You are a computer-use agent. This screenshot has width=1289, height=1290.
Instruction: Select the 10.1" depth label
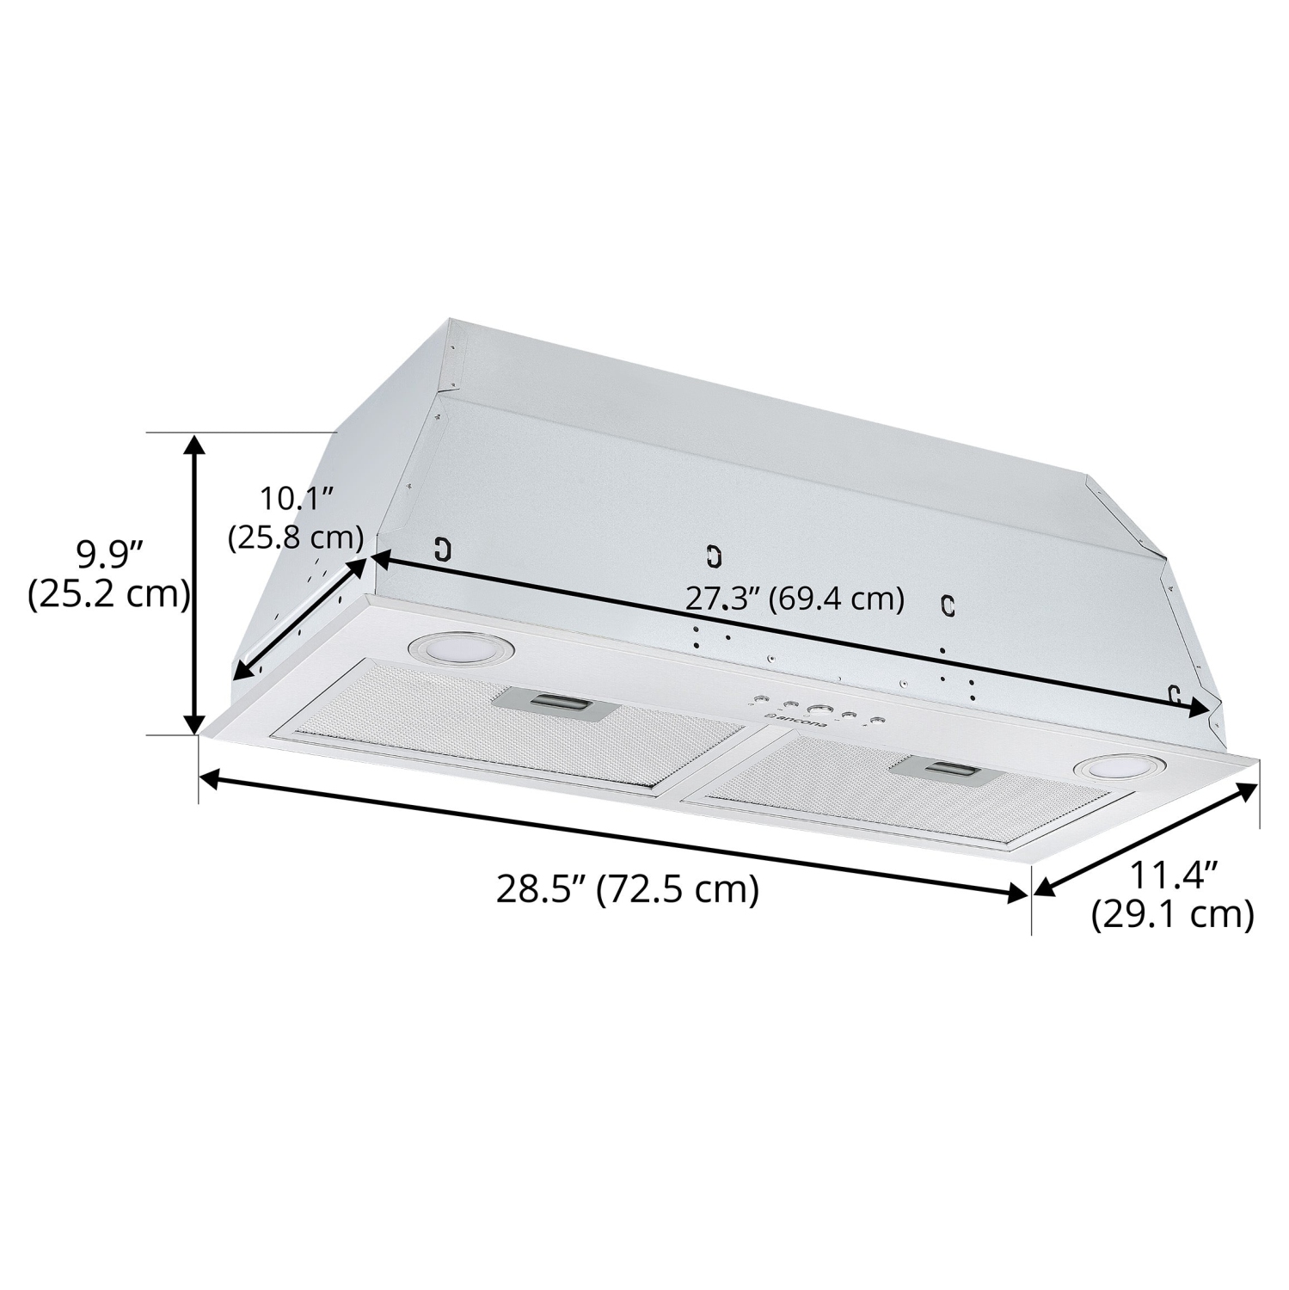(x=297, y=499)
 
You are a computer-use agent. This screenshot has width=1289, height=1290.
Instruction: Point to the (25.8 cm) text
(x=296, y=537)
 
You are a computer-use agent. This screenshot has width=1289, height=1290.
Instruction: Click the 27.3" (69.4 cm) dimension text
(x=795, y=599)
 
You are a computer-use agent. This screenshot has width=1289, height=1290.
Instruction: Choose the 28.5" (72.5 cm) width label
(x=628, y=889)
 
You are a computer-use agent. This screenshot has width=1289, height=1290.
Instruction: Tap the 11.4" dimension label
(x=1173, y=877)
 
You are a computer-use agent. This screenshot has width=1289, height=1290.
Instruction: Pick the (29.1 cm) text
(x=1172, y=915)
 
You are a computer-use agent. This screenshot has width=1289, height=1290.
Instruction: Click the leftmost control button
(x=764, y=699)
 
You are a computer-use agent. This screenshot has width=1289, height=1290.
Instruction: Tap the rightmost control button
(x=876, y=721)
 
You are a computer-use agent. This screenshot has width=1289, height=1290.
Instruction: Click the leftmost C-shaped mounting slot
(x=443, y=550)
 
